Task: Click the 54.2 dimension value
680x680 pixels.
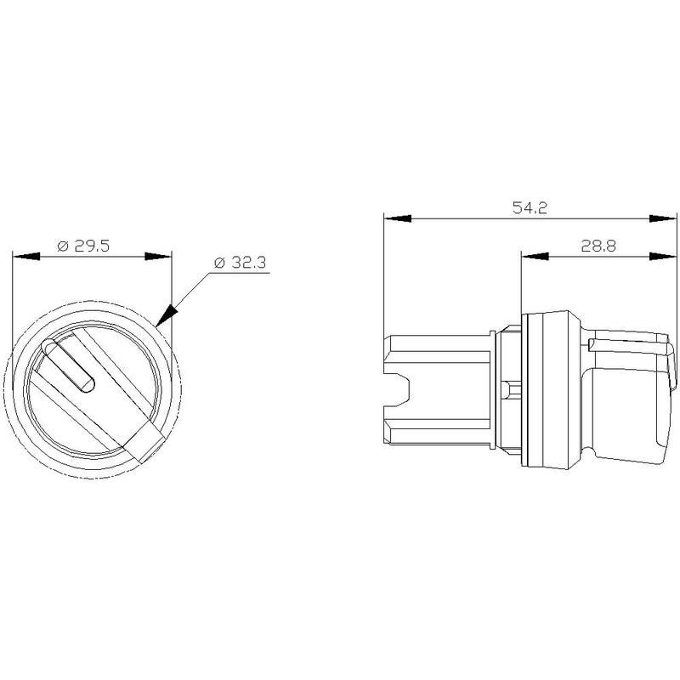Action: [530, 207]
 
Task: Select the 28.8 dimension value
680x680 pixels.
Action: [598, 246]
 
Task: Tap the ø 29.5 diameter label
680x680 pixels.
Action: [83, 246]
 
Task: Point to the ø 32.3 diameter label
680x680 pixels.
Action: [240, 263]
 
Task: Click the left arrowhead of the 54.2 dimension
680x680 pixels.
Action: [397, 218]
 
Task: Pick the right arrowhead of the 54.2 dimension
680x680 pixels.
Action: [663, 218]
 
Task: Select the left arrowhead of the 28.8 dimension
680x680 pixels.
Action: [535, 257]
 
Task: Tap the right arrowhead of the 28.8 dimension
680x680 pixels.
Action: [663, 257]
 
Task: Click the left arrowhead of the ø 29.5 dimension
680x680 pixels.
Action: [26, 257]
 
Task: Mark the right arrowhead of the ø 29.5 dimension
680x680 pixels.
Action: [158, 257]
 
